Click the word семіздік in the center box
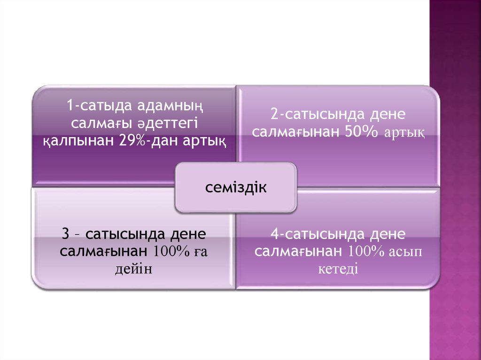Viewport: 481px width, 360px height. pyautogui.click(x=235, y=188)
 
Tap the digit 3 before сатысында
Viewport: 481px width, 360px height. pyautogui.click(x=66, y=234)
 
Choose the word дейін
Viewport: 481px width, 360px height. pyautogui.click(x=133, y=269)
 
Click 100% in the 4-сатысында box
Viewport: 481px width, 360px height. pyautogui.click(x=365, y=252)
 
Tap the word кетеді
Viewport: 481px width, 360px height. pyautogui.click(x=338, y=269)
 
